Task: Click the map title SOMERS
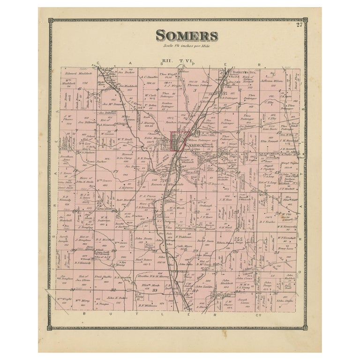tap(186, 36)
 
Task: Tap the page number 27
tap(299, 25)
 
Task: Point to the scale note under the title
tap(186, 45)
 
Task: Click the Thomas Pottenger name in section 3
tap(200, 85)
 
